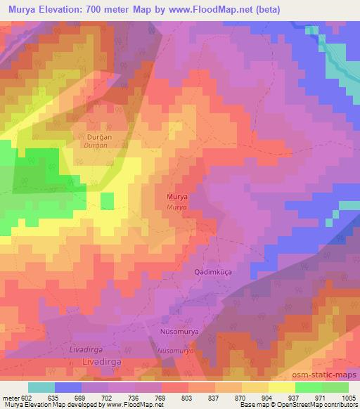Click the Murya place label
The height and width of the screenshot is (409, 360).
coord(177,197)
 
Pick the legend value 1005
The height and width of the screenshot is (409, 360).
coord(348,398)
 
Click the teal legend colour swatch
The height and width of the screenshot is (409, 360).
coord(42,387)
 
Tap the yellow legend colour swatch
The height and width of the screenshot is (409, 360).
coord(282,387)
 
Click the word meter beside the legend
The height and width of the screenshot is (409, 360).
coord(9,398)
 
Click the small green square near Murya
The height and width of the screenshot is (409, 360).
coord(107,200)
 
